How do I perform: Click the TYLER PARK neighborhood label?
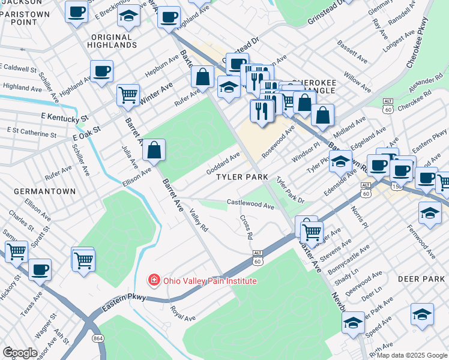[x=242, y=178]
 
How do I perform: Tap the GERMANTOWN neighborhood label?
[x=46, y=191]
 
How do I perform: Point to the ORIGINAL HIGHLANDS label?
[x=113, y=41]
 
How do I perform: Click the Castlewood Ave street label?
[x=250, y=205]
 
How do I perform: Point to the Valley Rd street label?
[x=198, y=220]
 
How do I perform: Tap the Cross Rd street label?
[x=246, y=227]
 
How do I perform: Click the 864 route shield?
[x=98, y=338]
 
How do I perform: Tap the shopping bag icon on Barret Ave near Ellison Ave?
[x=154, y=150]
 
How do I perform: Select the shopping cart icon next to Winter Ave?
[x=128, y=95]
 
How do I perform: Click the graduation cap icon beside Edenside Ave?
[x=340, y=161]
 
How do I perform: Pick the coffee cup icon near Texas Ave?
[x=40, y=269]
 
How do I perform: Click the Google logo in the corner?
[x=19, y=352]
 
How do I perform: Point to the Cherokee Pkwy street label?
[x=423, y=46]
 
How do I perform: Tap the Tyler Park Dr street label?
[x=291, y=190]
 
